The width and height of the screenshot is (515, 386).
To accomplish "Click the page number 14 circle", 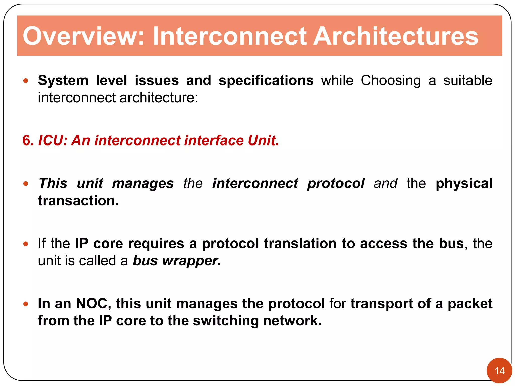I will [x=499, y=371].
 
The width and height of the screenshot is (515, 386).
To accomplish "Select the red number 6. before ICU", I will [x=28, y=140].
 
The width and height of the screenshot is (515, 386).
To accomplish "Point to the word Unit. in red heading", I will [x=263, y=140].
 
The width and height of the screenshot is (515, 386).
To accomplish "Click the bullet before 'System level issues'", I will [x=26, y=81].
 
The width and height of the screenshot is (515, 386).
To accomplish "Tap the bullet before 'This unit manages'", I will [x=26, y=184].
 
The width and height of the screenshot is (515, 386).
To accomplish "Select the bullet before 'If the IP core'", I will [x=26, y=244].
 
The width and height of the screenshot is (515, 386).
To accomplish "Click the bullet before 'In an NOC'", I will [x=26, y=304].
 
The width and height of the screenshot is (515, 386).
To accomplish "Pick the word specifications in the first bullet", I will [x=266, y=81].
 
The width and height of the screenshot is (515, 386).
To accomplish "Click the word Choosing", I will [x=391, y=81].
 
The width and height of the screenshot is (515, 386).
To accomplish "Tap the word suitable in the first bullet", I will [x=467, y=81].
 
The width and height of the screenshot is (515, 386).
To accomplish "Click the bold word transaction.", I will [x=78, y=201].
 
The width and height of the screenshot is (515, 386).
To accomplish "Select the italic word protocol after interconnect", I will [x=335, y=183].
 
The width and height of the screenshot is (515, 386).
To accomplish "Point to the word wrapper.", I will [x=191, y=261].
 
